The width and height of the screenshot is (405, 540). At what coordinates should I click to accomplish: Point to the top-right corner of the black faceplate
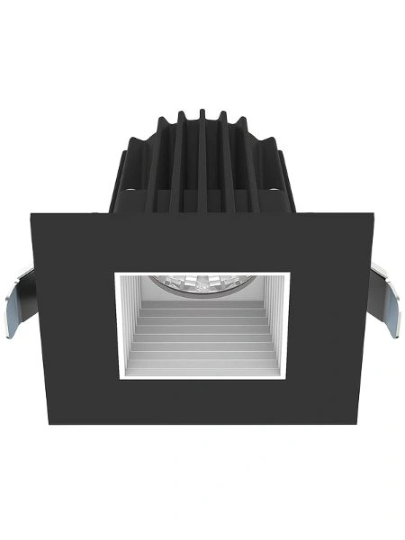pos(373,214)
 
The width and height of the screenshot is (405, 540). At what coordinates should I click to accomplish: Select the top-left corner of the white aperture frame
pos(115,269)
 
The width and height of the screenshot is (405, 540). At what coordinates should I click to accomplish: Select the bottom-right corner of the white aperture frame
pos(289,378)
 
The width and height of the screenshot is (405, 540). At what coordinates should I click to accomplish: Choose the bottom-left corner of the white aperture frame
pos(115,378)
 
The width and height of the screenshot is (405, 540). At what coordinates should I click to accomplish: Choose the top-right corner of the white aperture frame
pos(289,269)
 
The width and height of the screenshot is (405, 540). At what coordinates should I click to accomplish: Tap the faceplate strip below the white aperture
pos(202,401)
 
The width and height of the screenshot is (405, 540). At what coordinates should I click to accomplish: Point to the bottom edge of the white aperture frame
pos(202,375)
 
